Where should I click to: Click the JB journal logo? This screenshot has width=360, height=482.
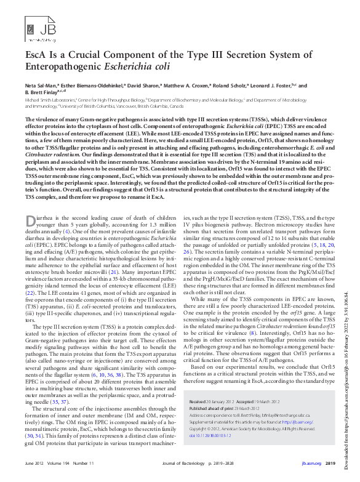point(36,27)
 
